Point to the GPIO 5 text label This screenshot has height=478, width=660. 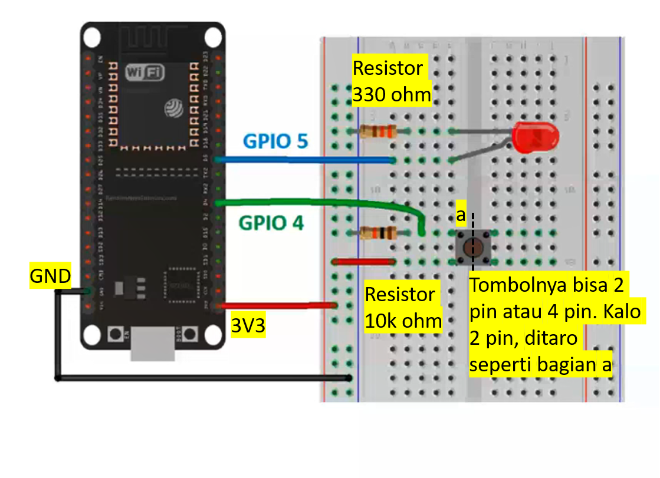275,142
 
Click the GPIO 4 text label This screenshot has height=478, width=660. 271,223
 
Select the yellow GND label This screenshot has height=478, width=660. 51,275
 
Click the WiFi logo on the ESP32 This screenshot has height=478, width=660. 145,72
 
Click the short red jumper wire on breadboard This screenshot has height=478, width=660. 363,261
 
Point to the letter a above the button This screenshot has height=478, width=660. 461,216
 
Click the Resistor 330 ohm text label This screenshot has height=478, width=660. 391,81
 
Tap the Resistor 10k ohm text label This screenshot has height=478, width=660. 403,308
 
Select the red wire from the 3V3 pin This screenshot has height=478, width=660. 277,305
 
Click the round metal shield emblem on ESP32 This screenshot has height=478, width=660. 175,107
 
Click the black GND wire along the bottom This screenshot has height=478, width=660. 201,378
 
